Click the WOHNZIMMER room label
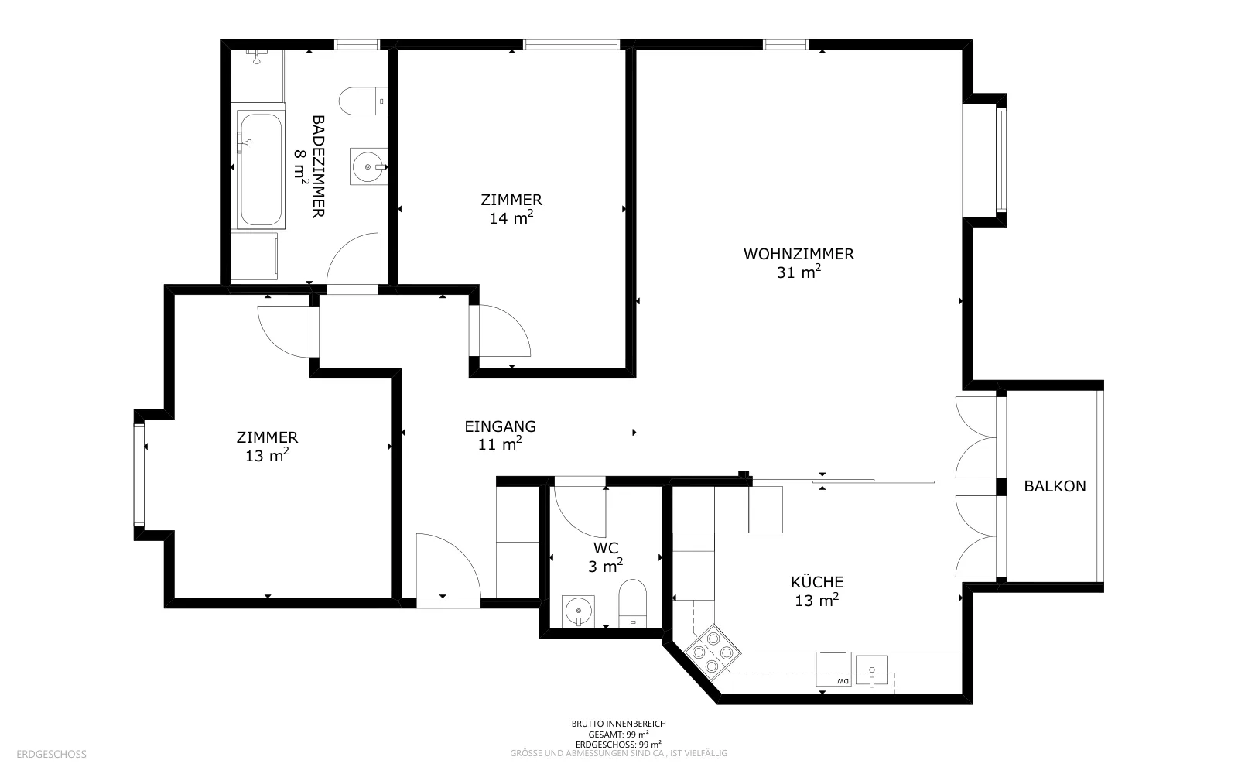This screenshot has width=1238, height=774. (x=799, y=254)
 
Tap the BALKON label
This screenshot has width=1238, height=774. (x=1055, y=487)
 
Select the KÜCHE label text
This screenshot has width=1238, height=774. (x=817, y=581)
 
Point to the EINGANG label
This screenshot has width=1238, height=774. (x=500, y=426)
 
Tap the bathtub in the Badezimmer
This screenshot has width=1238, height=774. (x=261, y=170)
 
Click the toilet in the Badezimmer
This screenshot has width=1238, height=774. (x=363, y=101)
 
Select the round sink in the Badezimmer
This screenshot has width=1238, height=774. (x=368, y=166)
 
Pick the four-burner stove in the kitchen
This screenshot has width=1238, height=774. (x=713, y=652)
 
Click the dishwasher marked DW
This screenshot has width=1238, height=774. (x=833, y=670)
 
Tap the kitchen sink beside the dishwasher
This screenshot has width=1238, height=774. (x=871, y=670)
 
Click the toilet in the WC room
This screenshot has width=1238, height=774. (x=632, y=603)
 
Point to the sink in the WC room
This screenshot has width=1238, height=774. (x=578, y=611)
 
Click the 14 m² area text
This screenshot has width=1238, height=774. (x=511, y=217)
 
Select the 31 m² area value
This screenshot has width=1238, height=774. (x=799, y=272)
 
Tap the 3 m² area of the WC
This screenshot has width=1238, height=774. (x=606, y=566)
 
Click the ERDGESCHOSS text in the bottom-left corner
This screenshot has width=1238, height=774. (x=51, y=754)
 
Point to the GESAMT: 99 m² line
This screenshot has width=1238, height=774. (x=618, y=735)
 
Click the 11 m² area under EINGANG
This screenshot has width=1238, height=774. (x=500, y=444)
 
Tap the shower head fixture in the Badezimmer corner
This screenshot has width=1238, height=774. (x=256, y=56)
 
